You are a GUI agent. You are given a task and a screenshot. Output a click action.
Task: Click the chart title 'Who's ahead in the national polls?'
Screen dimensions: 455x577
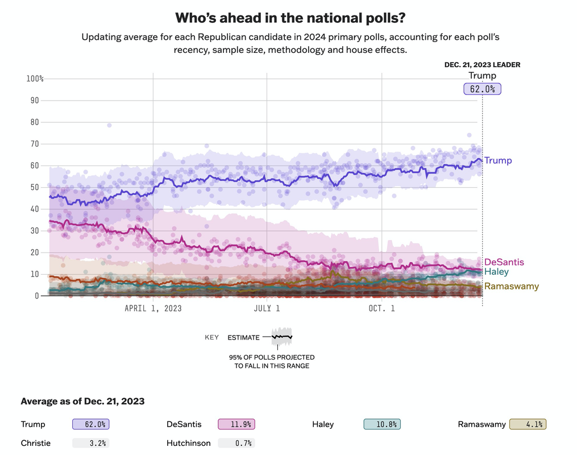(x=290, y=18)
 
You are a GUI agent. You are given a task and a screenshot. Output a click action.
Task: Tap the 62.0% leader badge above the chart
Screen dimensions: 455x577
(x=482, y=89)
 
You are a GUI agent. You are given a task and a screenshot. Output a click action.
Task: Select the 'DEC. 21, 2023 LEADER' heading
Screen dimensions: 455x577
(x=482, y=65)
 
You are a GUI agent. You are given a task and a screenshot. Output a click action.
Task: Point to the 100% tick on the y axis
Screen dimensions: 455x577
(x=35, y=78)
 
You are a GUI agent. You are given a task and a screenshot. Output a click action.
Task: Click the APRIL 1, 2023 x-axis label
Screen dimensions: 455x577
(x=153, y=308)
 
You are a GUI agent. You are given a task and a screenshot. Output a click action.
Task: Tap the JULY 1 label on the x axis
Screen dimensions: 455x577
(x=266, y=308)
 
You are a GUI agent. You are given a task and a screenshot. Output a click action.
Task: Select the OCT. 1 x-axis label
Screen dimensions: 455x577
(x=382, y=308)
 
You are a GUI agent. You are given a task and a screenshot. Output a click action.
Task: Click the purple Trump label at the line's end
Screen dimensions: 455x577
(x=498, y=160)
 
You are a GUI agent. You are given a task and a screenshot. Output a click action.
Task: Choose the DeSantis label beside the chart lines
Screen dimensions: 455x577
(x=504, y=262)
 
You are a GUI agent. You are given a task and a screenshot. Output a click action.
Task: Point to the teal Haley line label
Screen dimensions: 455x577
(x=496, y=272)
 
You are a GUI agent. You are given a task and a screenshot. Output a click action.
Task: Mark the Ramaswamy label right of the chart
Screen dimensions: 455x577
(x=512, y=286)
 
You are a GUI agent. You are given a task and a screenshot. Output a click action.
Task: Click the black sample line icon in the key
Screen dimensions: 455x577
(x=281, y=337)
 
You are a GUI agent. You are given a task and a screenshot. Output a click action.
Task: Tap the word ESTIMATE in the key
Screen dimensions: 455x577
(x=243, y=337)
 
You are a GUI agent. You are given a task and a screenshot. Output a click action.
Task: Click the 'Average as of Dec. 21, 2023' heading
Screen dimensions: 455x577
(x=82, y=401)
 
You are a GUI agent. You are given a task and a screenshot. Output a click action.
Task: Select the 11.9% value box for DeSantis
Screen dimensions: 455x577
(x=236, y=424)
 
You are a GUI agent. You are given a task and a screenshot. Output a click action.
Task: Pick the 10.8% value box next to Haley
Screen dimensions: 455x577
(x=382, y=424)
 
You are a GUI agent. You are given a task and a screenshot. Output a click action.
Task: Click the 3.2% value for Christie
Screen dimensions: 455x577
(x=91, y=443)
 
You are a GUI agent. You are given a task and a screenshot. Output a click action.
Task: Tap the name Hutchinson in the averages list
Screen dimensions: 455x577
(x=189, y=443)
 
